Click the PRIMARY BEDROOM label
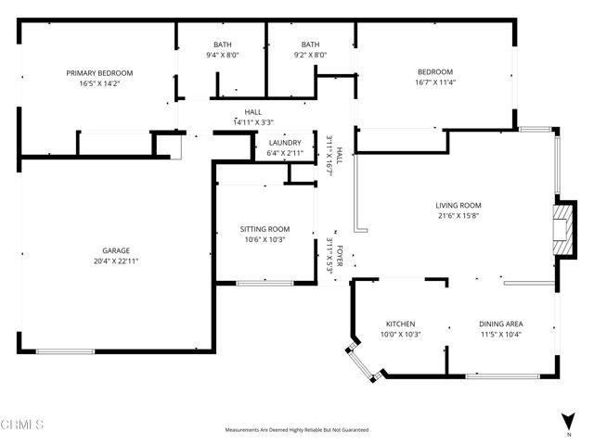[x=99, y=72]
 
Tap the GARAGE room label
[x=116, y=250]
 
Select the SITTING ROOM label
[x=265, y=229]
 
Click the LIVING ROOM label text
[x=458, y=205]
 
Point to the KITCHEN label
[x=401, y=324]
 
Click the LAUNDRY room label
[x=284, y=142]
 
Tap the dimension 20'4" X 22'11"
[x=116, y=261]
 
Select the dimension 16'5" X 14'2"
[x=99, y=83]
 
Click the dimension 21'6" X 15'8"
[x=458, y=216]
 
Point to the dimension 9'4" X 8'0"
[x=223, y=55]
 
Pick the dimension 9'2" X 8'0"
[x=310, y=55]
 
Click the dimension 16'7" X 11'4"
[x=434, y=83]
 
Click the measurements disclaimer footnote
[x=297, y=430]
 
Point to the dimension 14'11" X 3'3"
[x=253, y=121]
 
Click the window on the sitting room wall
[x=265, y=282]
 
